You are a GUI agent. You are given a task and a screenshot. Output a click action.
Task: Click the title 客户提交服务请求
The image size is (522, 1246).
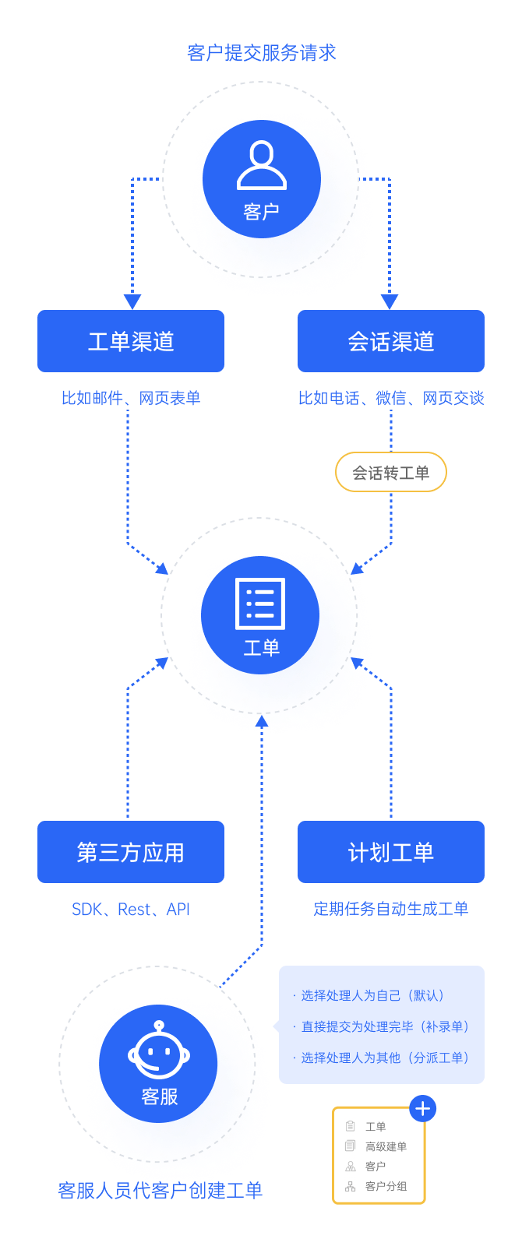(262, 53)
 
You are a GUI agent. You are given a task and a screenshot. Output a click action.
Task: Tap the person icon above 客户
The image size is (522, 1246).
(262, 165)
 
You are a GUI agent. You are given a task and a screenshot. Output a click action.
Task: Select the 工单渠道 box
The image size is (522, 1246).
(131, 341)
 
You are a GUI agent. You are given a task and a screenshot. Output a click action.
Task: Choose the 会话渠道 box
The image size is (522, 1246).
(391, 341)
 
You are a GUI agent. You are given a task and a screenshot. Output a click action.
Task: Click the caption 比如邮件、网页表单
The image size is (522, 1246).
(131, 398)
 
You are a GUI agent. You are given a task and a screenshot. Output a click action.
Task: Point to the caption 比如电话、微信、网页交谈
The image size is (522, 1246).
(391, 398)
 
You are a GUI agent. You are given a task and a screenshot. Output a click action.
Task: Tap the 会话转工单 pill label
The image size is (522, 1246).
(391, 473)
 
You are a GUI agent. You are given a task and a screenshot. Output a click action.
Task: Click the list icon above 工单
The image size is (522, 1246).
(260, 604)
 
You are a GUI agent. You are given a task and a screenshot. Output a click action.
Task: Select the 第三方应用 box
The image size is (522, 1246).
(131, 852)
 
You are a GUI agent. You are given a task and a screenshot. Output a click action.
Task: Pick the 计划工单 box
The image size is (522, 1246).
(391, 852)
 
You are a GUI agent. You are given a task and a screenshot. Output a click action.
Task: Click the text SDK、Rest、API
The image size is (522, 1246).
(131, 910)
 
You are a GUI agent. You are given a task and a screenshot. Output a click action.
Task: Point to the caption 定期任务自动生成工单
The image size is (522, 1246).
(391, 909)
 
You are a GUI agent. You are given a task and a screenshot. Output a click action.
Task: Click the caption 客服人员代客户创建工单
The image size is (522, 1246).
(160, 1191)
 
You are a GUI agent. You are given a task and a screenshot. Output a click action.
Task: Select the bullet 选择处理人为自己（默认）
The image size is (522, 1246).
(373, 995)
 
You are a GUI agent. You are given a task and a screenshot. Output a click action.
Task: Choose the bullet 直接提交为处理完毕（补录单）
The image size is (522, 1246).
(386, 1026)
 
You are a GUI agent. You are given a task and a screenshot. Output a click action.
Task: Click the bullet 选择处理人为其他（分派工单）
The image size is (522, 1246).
(386, 1058)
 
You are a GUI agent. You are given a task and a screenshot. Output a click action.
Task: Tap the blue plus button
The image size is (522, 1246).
(423, 1108)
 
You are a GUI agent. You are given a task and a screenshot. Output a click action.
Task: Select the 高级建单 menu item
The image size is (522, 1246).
(386, 1146)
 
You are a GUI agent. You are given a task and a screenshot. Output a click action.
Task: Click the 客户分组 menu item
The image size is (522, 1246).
(386, 1187)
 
